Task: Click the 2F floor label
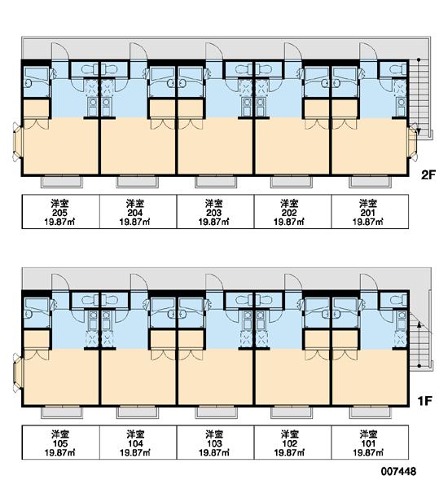(428, 175)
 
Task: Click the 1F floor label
(425, 401)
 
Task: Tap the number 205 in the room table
(59, 213)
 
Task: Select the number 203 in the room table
(214, 213)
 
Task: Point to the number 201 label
(368, 213)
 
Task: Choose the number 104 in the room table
(135, 443)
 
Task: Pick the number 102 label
(290, 443)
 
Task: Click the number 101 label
(368, 443)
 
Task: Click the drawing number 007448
(398, 471)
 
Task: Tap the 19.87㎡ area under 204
(134, 222)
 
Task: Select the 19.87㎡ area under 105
(59, 452)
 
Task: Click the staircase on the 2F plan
(419, 96)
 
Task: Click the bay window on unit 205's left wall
(17, 142)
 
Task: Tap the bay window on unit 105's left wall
(17, 373)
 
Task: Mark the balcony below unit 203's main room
(216, 182)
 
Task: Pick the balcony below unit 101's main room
(370, 412)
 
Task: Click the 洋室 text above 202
(290, 204)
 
